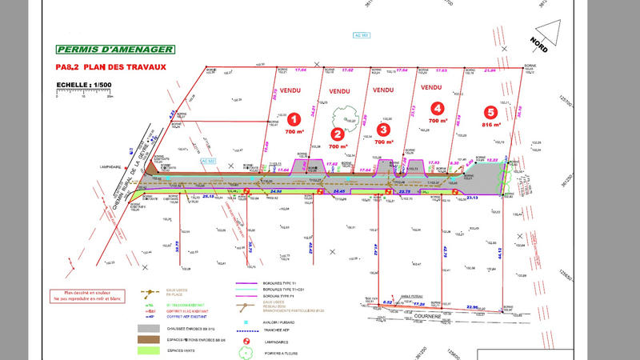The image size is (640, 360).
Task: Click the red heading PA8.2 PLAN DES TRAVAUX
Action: click(x=110, y=68)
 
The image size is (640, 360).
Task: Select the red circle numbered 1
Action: click(x=294, y=118)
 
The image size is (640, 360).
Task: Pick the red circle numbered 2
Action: click(x=338, y=134)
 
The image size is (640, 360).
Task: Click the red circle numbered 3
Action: click(x=384, y=129)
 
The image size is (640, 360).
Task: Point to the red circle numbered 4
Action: click(x=437, y=108)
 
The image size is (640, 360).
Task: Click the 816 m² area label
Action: click(x=491, y=125)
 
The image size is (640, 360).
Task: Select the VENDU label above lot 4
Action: click(x=431, y=87)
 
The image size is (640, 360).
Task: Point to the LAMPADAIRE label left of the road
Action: click(x=113, y=167)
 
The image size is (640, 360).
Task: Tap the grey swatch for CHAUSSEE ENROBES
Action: click(x=149, y=328)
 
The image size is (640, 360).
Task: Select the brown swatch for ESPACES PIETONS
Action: click(x=149, y=339)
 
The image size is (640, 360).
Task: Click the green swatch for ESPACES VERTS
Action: click(x=149, y=350)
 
